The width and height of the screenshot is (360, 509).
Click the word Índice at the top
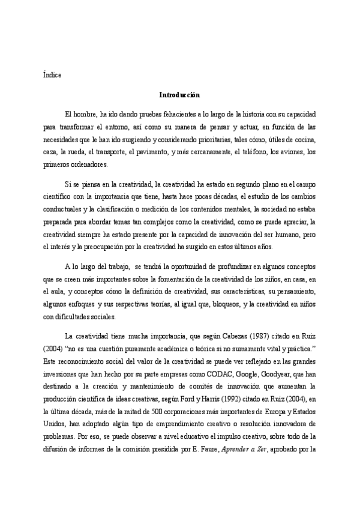tap(52, 75)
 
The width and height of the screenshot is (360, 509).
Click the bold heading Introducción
tap(179, 95)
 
